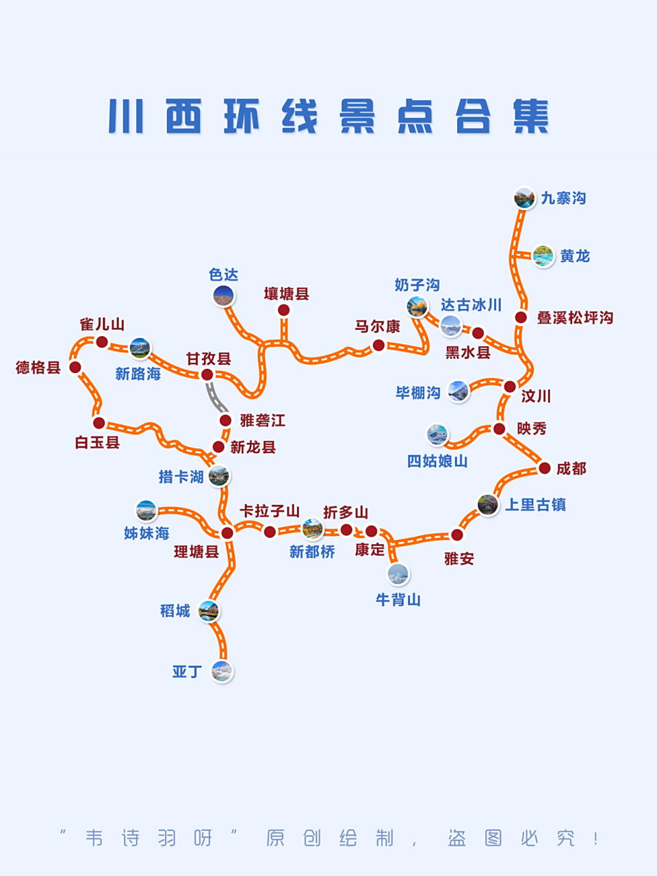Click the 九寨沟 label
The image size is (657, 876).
[x=563, y=198]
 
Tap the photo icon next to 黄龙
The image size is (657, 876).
[x=543, y=257]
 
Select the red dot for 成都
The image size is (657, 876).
[x=545, y=468]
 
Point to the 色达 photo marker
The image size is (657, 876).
[x=224, y=296]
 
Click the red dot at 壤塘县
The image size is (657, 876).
[x=284, y=310]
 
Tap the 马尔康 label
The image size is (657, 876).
[x=377, y=326]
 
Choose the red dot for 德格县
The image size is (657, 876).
[x=76, y=368]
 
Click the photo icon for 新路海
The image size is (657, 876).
[x=140, y=348]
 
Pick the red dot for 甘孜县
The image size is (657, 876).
[x=207, y=374]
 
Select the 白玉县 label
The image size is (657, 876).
[x=97, y=443]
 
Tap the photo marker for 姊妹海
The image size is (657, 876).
[x=146, y=511]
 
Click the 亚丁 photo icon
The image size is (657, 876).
[x=222, y=671]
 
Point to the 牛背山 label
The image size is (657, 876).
[x=398, y=600]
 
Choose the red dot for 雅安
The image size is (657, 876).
[x=457, y=534]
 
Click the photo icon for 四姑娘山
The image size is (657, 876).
[x=437, y=434]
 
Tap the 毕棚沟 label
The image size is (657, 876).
[x=417, y=393]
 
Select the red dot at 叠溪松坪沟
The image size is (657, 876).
[x=521, y=317]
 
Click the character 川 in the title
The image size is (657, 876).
[x=126, y=117]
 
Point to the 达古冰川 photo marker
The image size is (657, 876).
[x=451, y=326]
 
